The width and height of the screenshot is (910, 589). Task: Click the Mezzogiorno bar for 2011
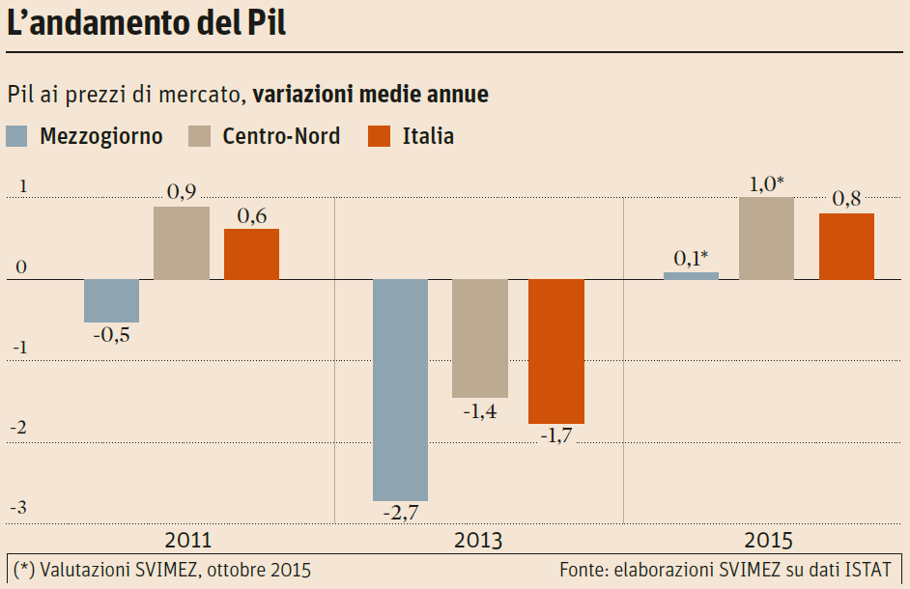[111, 300]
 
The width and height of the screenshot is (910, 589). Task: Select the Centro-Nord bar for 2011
[182, 243]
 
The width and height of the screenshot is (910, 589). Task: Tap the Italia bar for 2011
[251, 254]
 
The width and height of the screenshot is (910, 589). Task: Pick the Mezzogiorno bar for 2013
[401, 389]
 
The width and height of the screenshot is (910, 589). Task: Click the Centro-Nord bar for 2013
[480, 338]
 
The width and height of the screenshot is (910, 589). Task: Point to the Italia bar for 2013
[555, 351]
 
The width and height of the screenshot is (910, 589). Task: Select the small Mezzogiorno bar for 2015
[691, 276]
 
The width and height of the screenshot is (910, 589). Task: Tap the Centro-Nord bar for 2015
[766, 238]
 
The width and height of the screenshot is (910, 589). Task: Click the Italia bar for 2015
[846, 246]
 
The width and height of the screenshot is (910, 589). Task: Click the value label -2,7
[400, 513]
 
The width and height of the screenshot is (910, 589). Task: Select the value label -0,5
[111, 335]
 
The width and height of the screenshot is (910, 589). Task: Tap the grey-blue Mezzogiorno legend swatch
[17, 136]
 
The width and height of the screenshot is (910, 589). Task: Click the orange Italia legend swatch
[380, 136]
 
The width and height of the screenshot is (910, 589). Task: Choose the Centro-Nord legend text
[281, 136]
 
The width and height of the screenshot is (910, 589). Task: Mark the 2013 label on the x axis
[478, 540]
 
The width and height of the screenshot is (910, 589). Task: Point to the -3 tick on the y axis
[17, 507]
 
